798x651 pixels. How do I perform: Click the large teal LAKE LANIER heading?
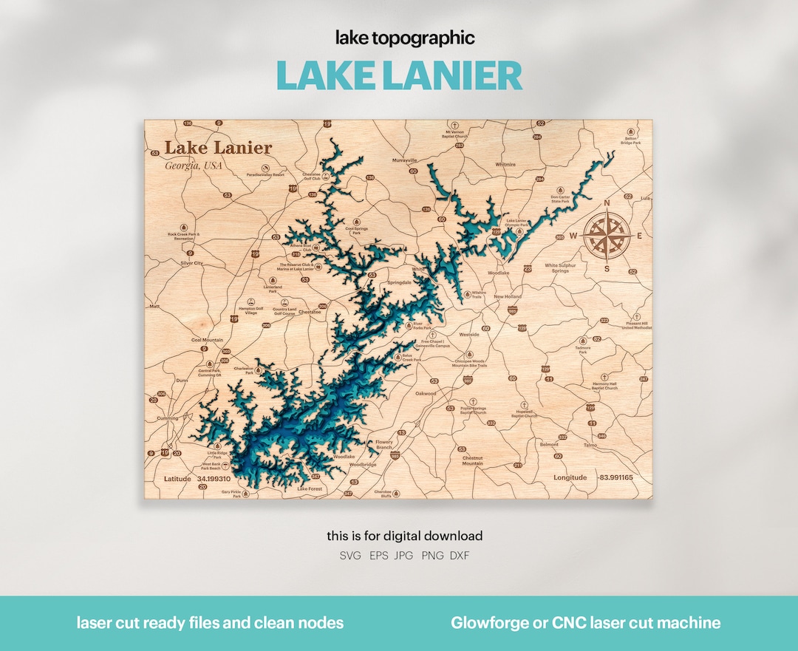(x=399, y=75)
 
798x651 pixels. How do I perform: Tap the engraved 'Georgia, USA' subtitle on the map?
(x=194, y=166)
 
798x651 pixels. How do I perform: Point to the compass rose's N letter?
(x=607, y=203)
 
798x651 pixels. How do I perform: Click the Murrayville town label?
(x=404, y=160)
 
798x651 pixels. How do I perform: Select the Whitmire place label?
(x=505, y=165)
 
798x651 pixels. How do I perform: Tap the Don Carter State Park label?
(x=560, y=200)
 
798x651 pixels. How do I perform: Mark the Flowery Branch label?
(x=384, y=445)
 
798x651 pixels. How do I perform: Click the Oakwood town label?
(x=425, y=394)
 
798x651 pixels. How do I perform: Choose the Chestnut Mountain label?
(x=472, y=460)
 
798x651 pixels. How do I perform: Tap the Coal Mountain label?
(x=207, y=340)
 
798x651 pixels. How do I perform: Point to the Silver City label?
(x=191, y=263)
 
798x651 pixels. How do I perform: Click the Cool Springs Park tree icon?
(x=358, y=221)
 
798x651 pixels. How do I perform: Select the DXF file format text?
(x=459, y=555)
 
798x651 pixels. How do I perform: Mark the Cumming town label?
(x=168, y=418)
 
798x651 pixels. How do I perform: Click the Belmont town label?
(x=549, y=444)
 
